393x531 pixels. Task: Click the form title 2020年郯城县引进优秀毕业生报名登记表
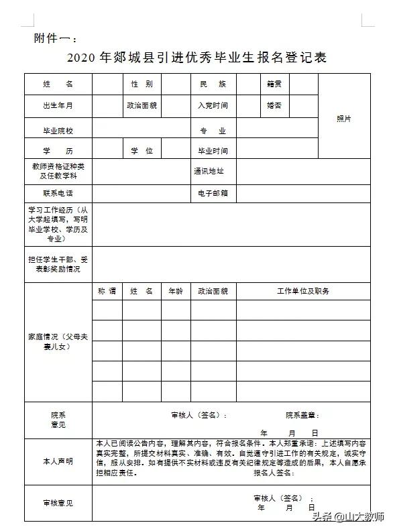coord(196,58)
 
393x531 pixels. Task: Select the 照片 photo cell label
coord(344,119)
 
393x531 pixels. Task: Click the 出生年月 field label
coord(58,106)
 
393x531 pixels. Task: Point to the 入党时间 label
coord(213,106)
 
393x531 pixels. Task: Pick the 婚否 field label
coord(274,106)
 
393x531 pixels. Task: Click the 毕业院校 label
coord(58,131)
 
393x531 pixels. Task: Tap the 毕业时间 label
coord(213,151)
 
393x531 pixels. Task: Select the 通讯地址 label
coord(209,171)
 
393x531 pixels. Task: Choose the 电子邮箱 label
coord(213,193)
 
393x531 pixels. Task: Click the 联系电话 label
coord(58,193)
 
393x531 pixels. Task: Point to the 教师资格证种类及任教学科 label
coord(58,171)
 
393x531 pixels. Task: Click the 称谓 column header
coord(107,291)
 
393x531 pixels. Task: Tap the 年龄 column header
coord(176,291)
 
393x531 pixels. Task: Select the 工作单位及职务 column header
coord(302,291)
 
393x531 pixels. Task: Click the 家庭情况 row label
coord(58,342)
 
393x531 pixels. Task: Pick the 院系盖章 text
coord(302,416)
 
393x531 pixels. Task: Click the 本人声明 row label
coord(58,462)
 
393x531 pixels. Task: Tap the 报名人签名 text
coord(274,473)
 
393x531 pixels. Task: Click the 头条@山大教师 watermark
coord(348,517)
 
